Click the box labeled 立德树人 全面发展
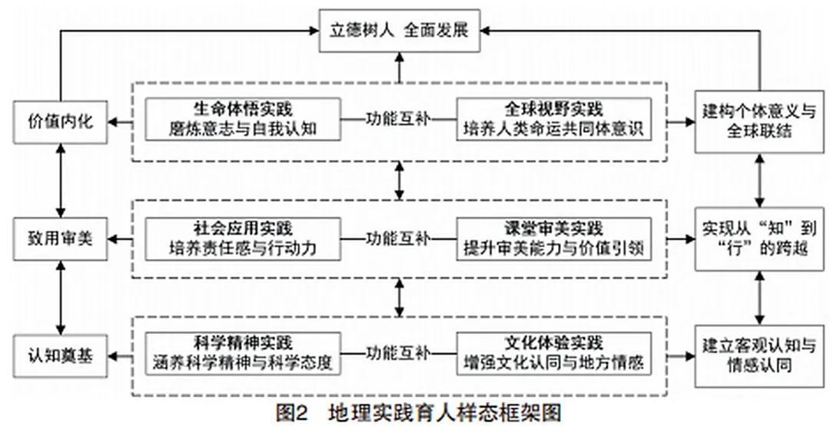(400, 31)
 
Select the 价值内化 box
(61, 122)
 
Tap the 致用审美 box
(61, 239)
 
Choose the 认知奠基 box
(61, 356)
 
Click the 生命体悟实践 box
(243, 119)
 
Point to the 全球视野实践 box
(554, 119)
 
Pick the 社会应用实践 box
(243, 239)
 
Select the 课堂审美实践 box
(554, 239)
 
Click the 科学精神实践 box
(243, 354)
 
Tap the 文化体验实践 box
(554, 354)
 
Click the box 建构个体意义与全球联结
(759, 122)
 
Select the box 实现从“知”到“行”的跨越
(759, 239)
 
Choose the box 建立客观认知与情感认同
(759, 355)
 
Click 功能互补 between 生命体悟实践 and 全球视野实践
(398, 119)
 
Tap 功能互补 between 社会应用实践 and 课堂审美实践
(398, 239)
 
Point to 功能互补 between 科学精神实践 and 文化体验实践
(398, 353)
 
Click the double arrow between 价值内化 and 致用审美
(61, 181)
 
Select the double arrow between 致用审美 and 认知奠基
(61, 298)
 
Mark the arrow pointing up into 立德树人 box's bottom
(400, 67)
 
